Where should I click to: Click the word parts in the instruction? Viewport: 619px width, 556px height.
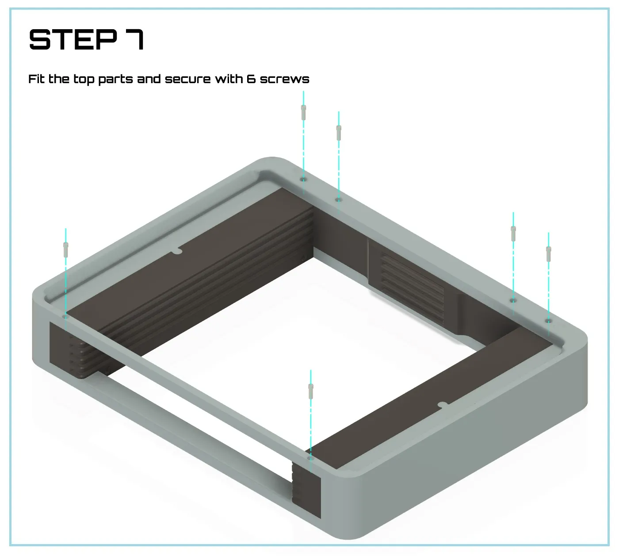point(115,80)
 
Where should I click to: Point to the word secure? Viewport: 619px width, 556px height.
point(187,80)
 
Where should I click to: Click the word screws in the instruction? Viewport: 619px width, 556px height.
point(284,80)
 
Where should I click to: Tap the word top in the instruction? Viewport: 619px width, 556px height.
point(84,80)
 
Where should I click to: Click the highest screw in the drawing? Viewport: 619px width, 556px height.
point(303,112)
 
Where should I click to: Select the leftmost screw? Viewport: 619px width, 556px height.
point(66,250)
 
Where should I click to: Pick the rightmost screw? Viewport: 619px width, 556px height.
point(548,254)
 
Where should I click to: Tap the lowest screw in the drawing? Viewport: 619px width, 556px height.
point(311,391)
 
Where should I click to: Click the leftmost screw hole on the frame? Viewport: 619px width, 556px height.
point(66,317)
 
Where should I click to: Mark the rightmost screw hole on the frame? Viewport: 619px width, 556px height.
point(548,321)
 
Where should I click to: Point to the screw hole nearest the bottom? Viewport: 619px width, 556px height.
point(311,459)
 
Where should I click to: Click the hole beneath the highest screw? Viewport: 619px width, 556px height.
point(303,180)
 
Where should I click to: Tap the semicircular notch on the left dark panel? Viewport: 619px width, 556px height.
point(176,251)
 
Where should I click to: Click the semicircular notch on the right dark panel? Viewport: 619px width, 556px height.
point(443,405)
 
